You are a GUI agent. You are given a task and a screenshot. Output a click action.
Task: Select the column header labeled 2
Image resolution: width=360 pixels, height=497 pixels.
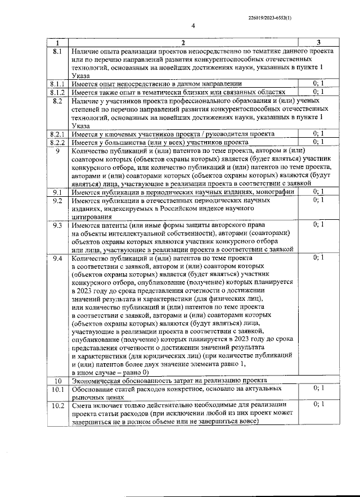pyautogui.click(x=183, y=43)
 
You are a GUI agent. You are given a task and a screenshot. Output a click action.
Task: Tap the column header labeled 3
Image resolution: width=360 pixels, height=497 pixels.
pyautogui.click(x=318, y=43)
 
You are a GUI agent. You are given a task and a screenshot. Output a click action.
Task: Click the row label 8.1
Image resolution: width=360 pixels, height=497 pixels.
pyautogui.click(x=57, y=51)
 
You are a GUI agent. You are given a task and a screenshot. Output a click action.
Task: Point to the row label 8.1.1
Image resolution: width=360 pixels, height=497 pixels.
pyautogui.click(x=57, y=83)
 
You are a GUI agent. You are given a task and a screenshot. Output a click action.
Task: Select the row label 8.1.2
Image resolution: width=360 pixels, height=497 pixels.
pyautogui.click(x=57, y=92)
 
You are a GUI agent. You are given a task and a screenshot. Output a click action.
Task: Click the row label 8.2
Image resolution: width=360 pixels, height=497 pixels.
pyautogui.click(x=57, y=100)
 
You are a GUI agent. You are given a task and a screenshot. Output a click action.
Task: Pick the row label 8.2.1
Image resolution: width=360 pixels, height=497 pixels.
pyautogui.click(x=57, y=134)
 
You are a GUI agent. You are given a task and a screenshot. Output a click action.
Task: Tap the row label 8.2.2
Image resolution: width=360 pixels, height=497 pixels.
pyautogui.click(x=57, y=142)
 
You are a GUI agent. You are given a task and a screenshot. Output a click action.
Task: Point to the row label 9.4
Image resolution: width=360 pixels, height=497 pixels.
pyautogui.click(x=57, y=257)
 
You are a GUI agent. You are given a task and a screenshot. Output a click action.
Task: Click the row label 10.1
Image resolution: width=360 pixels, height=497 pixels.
pyautogui.click(x=57, y=388)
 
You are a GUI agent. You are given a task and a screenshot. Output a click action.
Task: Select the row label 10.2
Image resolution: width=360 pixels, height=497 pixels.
pyautogui.click(x=57, y=405)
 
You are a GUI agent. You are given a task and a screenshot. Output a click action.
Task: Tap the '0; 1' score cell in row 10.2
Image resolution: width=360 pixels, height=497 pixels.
pyautogui.click(x=318, y=405)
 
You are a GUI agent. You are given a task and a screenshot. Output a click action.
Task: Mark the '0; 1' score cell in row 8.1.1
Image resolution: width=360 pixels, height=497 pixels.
pyautogui.click(x=318, y=83)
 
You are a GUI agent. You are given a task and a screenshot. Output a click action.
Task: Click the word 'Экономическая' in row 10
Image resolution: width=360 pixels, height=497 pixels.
pyautogui.click(x=99, y=380)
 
